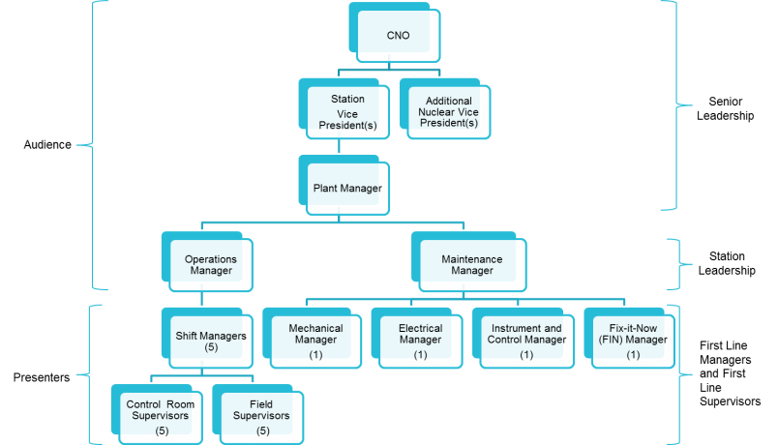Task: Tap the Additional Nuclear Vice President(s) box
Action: point(448,111)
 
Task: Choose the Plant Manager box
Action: point(346,188)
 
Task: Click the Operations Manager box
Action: point(210,264)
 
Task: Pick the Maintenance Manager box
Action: point(473,264)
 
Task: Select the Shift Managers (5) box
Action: point(210,341)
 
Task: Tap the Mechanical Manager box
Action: point(315,341)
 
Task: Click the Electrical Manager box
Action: point(420,341)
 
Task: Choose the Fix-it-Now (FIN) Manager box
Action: point(632,341)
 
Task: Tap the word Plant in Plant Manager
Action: point(324,188)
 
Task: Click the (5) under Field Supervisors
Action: point(262,430)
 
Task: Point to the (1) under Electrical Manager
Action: point(420,355)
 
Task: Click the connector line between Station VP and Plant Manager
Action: point(337,144)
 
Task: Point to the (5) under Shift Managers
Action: point(210,348)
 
